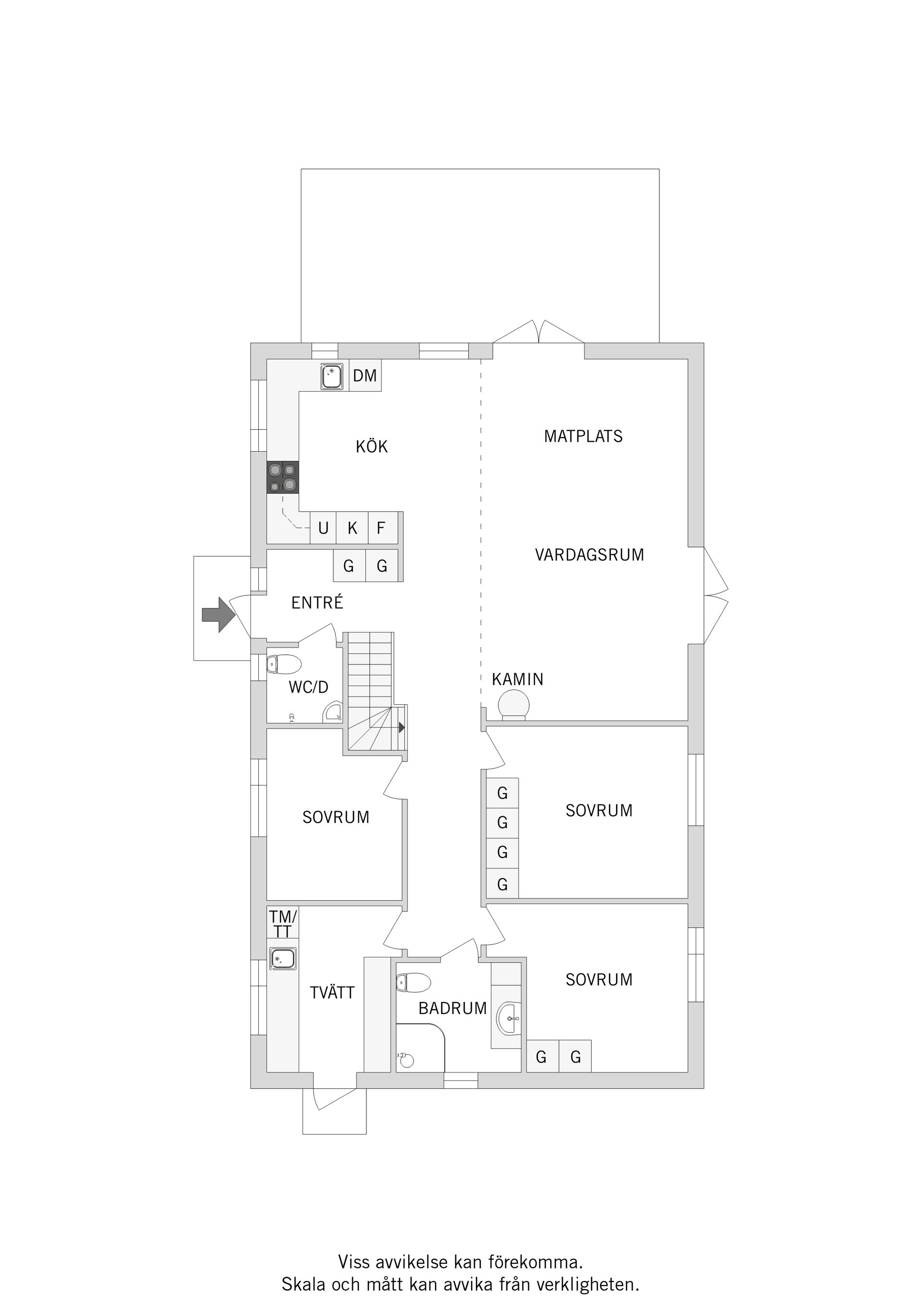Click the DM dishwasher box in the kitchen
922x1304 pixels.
[x=364, y=375]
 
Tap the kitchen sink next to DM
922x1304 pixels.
[x=332, y=376]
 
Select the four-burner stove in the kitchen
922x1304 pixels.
[x=283, y=477]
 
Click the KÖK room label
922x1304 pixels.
[x=372, y=447]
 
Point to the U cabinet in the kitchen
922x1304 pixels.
[x=323, y=528]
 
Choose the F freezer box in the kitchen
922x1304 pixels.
[x=381, y=528]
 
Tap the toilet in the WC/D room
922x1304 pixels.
[x=284, y=664]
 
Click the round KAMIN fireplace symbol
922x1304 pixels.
[x=513, y=705]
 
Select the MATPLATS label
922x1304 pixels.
[x=583, y=436]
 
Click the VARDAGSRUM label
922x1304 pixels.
[x=589, y=555]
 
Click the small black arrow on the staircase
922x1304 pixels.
[x=401, y=727]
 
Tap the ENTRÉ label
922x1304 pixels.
[x=317, y=603]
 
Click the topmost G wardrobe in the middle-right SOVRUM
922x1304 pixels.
[x=502, y=793]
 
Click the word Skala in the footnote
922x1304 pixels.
[x=304, y=1284]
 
